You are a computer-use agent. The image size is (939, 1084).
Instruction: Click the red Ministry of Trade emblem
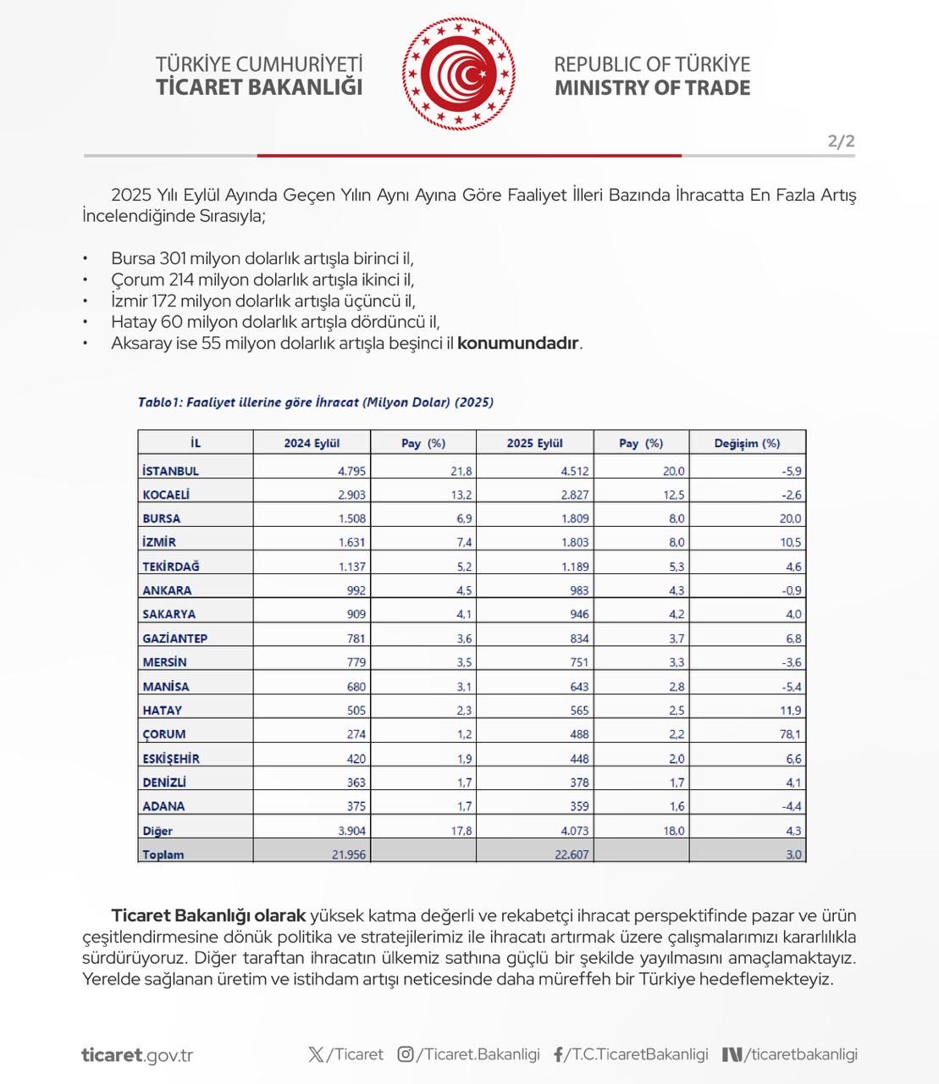click(x=458, y=75)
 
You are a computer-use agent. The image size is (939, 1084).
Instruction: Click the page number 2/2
click(x=841, y=141)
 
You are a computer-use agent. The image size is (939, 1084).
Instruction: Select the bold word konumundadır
click(x=518, y=343)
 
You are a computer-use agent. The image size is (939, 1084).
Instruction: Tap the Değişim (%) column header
click(x=747, y=443)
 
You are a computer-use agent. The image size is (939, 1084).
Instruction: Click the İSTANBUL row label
click(x=171, y=471)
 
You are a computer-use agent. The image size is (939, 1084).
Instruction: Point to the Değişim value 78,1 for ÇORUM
click(x=790, y=734)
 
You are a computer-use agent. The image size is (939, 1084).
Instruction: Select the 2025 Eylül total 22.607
click(x=572, y=854)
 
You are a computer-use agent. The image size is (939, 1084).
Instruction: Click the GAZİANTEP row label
click(x=175, y=639)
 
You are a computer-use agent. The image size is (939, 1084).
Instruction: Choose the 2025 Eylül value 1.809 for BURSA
click(x=573, y=518)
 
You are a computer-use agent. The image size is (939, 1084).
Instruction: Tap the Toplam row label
click(x=163, y=854)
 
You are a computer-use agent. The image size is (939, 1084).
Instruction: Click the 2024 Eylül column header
click(x=312, y=443)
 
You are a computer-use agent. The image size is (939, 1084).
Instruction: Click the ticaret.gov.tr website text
click(x=137, y=1055)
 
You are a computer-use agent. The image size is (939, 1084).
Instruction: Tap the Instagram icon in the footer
click(x=406, y=1054)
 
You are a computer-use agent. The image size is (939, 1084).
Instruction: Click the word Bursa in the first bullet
click(x=133, y=258)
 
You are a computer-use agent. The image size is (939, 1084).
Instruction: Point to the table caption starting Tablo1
click(x=315, y=402)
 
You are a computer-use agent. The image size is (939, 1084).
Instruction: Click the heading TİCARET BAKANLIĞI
click(x=259, y=87)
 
